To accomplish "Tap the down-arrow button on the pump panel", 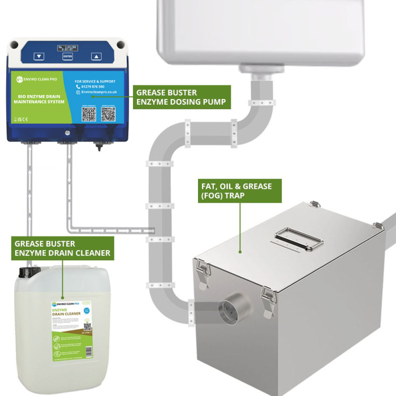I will [x=38, y=57].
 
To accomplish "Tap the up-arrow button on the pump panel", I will [x=96, y=57].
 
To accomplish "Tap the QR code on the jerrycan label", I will [x=87, y=326].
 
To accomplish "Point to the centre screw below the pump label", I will [x=67, y=133].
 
